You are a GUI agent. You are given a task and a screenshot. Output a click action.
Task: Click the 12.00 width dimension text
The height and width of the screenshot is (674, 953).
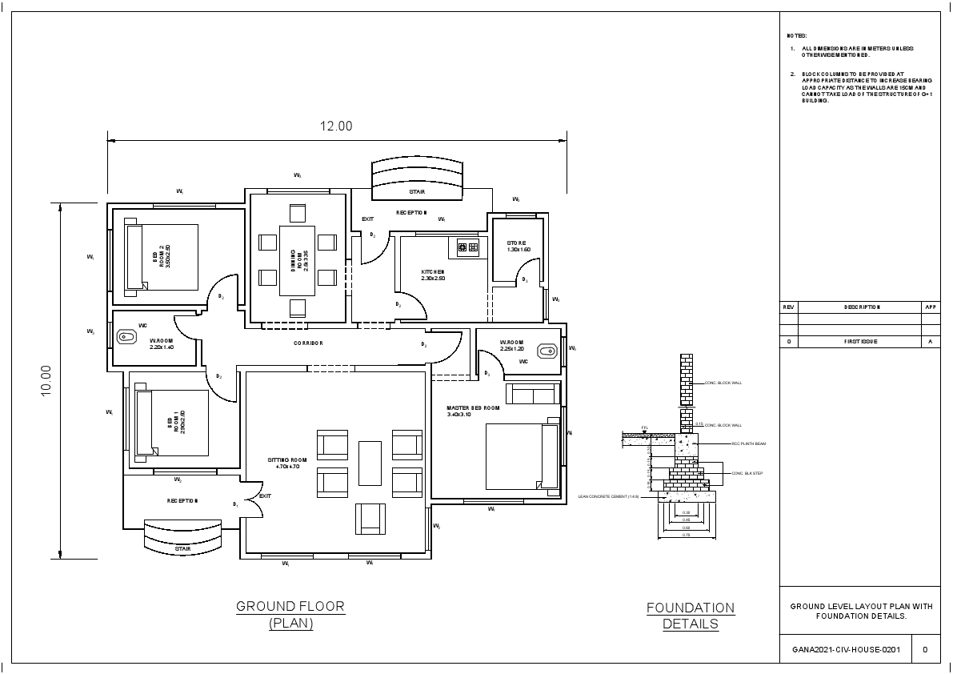tap(336, 126)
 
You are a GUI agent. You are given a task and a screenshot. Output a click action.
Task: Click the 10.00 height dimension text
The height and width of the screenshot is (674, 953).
tap(46, 379)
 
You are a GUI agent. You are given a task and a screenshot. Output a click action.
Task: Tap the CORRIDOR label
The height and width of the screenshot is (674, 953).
tap(308, 343)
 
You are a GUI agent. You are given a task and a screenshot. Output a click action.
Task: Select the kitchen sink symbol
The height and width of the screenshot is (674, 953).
tap(467, 247)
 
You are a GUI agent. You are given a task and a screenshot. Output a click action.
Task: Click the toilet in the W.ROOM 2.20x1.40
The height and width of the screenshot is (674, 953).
tap(127, 337)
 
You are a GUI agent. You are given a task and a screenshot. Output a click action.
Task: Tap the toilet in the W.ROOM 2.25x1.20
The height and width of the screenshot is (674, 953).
tap(547, 350)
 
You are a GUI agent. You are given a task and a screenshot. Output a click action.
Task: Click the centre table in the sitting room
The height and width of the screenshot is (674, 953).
tap(370, 463)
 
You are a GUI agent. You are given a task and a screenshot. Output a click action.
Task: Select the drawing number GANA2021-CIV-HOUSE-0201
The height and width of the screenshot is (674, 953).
tap(846, 649)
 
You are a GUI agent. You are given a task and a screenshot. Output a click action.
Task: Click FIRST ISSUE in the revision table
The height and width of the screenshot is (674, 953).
tap(860, 341)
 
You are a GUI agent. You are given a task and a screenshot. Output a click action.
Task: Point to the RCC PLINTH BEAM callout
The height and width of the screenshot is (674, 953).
tap(747, 443)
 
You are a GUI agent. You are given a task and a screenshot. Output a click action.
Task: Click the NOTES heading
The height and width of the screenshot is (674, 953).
tap(797, 36)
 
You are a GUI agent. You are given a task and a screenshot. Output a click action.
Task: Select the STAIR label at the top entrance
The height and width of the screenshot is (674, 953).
tap(417, 192)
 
